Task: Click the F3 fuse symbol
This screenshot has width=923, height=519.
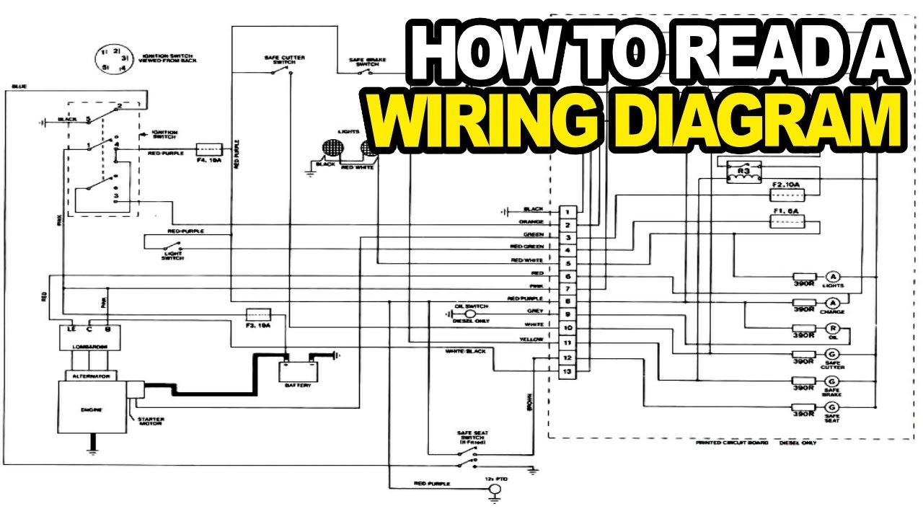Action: coord(258,315)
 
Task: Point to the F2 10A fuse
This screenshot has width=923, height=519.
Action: coord(788,195)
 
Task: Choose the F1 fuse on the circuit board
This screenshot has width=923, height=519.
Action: coord(788,223)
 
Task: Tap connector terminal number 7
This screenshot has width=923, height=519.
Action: coord(568,290)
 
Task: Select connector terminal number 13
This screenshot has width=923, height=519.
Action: coord(568,371)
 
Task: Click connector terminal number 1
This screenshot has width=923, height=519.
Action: coord(568,212)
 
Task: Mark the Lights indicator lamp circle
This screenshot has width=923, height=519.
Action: coord(832,278)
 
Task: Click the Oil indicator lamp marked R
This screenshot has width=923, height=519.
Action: coord(832,329)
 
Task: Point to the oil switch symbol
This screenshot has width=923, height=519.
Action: coord(469,314)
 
